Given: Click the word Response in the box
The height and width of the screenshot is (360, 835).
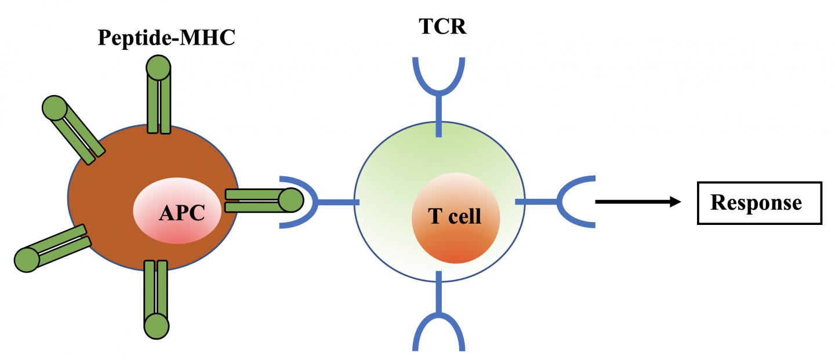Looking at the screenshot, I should (x=756, y=202).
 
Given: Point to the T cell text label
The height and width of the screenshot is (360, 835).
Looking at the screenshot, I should (x=455, y=216).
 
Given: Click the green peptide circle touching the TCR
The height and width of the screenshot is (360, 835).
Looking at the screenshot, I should (x=291, y=201).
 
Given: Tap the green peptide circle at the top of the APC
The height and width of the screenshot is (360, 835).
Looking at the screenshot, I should (x=158, y=68).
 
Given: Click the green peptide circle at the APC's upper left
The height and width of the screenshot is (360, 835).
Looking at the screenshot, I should (x=55, y=108).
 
